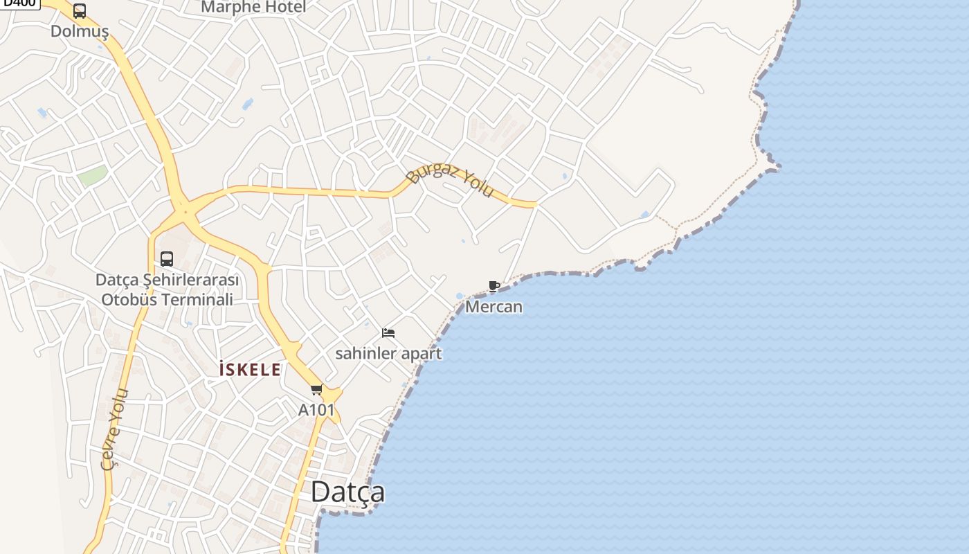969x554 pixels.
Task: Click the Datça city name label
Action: pyautogui.click(x=347, y=492)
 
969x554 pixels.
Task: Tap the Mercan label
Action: pyautogui.click(x=493, y=306)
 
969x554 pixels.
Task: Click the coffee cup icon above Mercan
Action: pyautogui.click(x=494, y=286)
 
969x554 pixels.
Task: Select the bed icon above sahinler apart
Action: pyautogui.click(x=388, y=333)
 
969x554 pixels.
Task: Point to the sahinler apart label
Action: pyautogui.click(x=388, y=353)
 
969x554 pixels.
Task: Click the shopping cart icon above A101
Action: pyautogui.click(x=316, y=390)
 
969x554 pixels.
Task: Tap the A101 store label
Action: pyautogui.click(x=316, y=410)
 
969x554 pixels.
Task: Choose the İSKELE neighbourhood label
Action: pyautogui.click(x=250, y=370)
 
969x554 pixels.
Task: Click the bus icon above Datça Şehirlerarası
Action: pyautogui.click(x=167, y=259)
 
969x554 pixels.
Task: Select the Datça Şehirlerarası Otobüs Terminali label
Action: pyautogui.click(x=167, y=290)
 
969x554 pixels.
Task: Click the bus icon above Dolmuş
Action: pyautogui.click(x=80, y=11)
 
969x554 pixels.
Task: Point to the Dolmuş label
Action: pyautogui.click(x=80, y=31)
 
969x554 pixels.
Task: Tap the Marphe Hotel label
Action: pyautogui.click(x=253, y=8)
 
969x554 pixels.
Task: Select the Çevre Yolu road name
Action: pyautogui.click(x=115, y=429)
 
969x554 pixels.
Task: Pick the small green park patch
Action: pyautogui.click(x=92, y=175)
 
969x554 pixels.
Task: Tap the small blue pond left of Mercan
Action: pyautogui.click(x=460, y=296)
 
